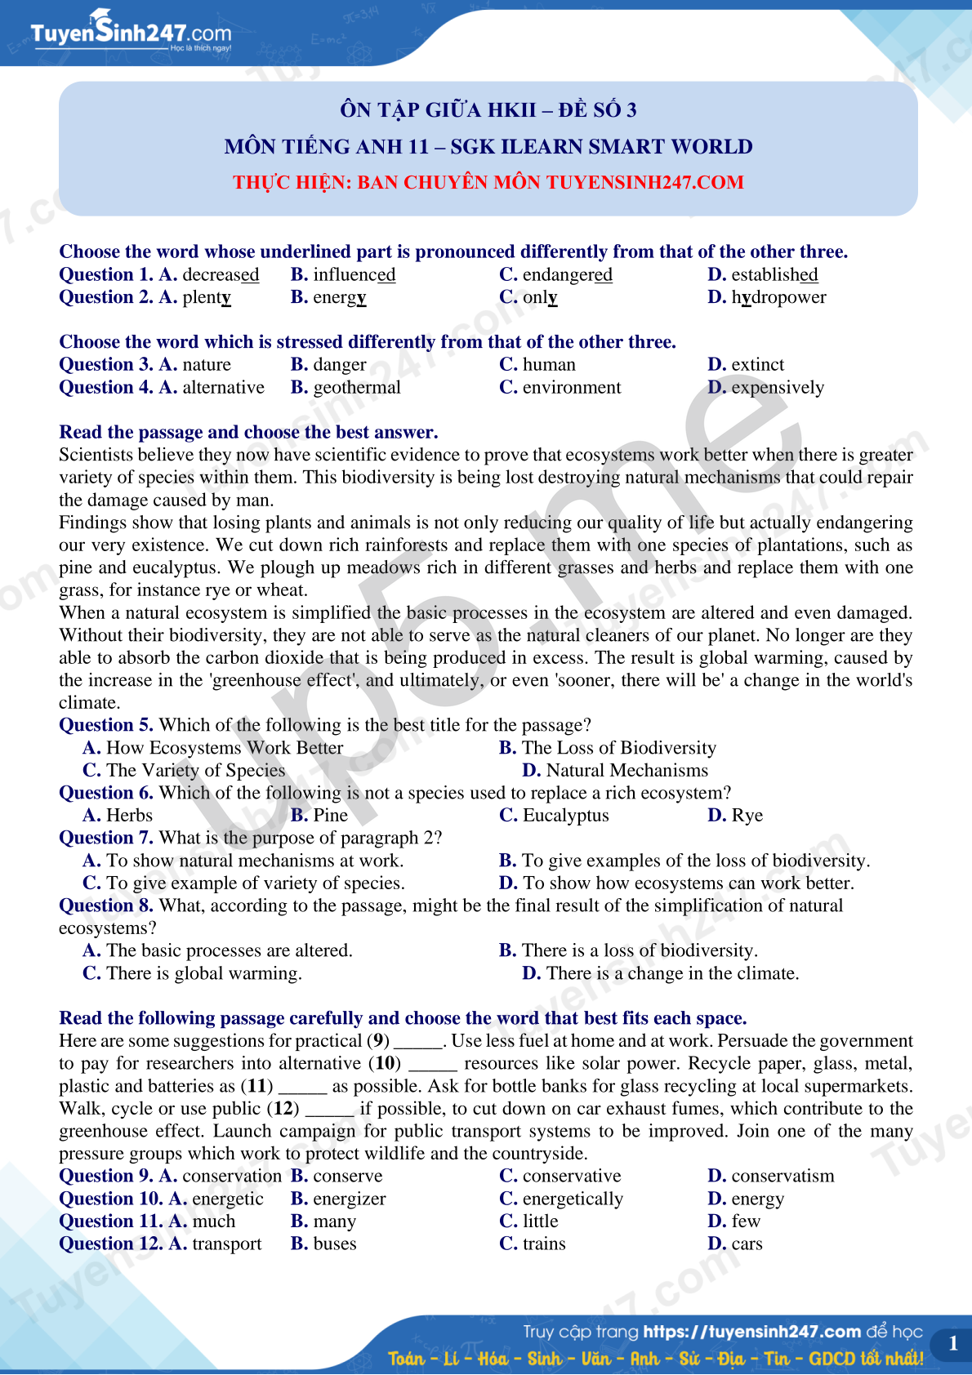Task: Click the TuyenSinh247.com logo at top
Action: pyautogui.click(x=131, y=33)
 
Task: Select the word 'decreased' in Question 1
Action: pyautogui.click(x=221, y=275)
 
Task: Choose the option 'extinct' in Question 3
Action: pyautogui.click(x=757, y=365)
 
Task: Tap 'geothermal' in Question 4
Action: pyautogui.click(x=357, y=388)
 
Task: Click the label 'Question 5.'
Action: pyautogui.click(x=105, y=725)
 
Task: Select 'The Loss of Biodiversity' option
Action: pyautogui.click(x=618, y=748)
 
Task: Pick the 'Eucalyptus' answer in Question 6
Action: pyautogui.click(x=565, y=816)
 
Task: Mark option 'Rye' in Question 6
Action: pyautogui.click(x=747, y=816)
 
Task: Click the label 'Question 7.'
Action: pyautogui.click(x=105, y=838)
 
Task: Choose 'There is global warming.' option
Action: pyautogui.click(x=203, y=973)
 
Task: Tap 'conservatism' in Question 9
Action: pyautogui.click(x=783, y=1177)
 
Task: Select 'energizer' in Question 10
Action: pyautogui.click(x=350, y=1199)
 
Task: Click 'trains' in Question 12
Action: pyautogui.click(x=544, y=1244)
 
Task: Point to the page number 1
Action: pyautogui.click(x=952, y=1344)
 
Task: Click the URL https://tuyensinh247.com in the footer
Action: pyautogui.click(x=751, y=1332)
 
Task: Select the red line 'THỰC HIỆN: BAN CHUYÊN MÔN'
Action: pyautogui.click(x=488, y=182)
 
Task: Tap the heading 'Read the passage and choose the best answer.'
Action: pyautogui.click(x=248, y=433)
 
